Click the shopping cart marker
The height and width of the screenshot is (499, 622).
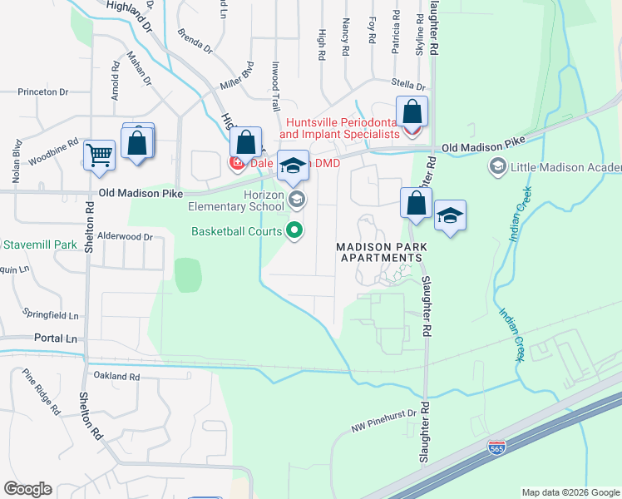click(x=100, y=155)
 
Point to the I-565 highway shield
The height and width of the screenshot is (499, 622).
click(x=496, y=448)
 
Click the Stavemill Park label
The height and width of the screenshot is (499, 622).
click(x=39, y=245)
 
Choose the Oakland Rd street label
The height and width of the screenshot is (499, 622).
click(x=116, y=377)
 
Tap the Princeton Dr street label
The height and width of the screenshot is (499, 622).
click(x=42, y=91)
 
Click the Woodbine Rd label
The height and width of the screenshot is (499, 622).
click(x=52, y=151)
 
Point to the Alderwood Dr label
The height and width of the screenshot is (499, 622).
click(x=126, y=237)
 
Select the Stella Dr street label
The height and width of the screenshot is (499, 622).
click(x=409, y=86)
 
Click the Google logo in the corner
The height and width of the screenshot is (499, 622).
click(x=27, y=489)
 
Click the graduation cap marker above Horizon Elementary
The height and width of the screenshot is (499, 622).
click(x=292, y=166)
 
